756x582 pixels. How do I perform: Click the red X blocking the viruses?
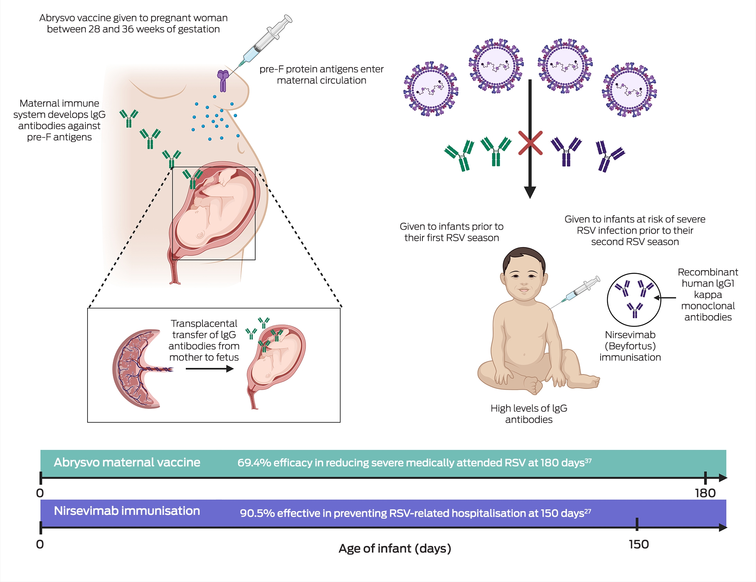coord(530,143)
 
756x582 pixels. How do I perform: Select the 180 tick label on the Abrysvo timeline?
coord(705,493)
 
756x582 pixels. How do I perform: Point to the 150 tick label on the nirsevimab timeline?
coord(639,544)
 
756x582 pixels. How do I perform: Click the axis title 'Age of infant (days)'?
coord(395,548)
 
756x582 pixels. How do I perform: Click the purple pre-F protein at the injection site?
coord(223,81)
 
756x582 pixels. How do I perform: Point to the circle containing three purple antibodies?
coord(634,300)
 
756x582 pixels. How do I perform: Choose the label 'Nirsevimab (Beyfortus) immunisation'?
coord(630,346)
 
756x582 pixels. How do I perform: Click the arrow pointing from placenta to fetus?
coord(210,369)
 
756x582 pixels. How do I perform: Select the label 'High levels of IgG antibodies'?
coord(529,414)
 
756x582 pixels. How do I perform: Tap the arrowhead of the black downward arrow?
coord(530,192)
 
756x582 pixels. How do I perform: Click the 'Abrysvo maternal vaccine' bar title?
coord(127,462)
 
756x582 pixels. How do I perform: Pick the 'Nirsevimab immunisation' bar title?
coord(127,511)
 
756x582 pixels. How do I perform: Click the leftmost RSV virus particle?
coord(431,89)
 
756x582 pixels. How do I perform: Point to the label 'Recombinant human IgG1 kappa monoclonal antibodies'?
coord(708,295)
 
